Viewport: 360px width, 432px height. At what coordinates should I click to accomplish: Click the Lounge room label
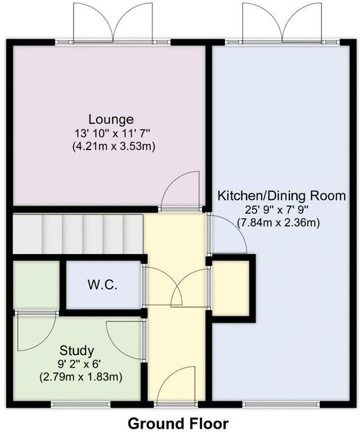pos(111,119)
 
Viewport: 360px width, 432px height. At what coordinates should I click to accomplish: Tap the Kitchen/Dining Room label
pos(281,196)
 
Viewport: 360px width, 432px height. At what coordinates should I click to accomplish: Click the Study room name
pos(77,350)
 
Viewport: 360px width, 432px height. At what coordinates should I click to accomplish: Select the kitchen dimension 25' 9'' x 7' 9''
pos(281,209)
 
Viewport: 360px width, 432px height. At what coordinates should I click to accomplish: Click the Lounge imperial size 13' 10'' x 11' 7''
pos(111,133)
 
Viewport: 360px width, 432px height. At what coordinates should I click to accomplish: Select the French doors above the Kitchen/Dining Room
pos(282,23)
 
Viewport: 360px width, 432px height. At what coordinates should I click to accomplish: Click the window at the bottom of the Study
pos(77,403)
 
